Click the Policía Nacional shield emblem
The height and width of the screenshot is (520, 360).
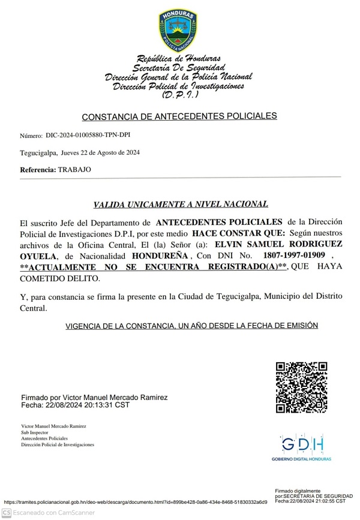point(178,31)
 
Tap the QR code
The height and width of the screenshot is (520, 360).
point(301,387)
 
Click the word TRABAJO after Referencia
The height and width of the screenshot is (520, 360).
point(74,170)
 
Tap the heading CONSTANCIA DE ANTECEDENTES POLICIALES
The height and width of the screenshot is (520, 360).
point(179,116)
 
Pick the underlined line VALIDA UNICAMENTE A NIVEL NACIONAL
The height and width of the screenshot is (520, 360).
point(180,204)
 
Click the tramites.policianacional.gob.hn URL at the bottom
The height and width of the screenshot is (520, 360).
point(136,502)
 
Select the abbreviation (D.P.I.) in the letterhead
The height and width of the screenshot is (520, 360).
point(178,95)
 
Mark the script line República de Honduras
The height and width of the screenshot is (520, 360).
point(178,59)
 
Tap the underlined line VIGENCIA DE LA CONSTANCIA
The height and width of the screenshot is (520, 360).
point(191,325)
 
